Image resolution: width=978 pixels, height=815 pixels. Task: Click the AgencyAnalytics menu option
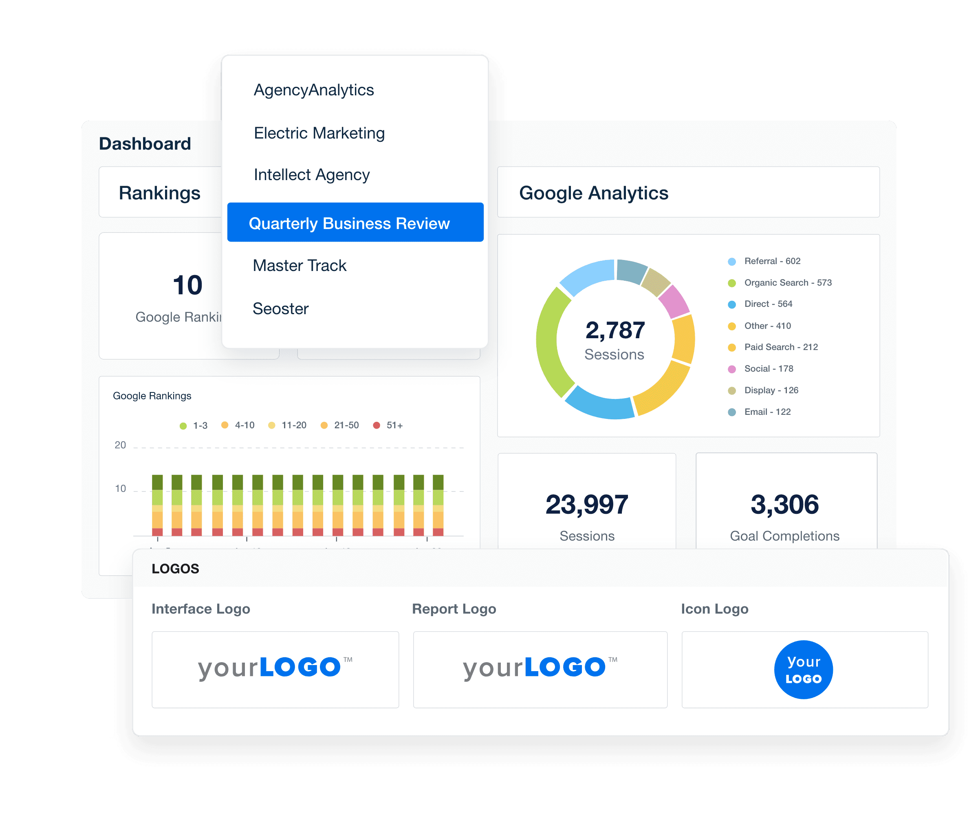(x=313, y=90)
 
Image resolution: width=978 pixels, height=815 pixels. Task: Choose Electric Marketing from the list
(x=319, y=133)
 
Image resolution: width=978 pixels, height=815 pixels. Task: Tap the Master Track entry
(x=299, y=265)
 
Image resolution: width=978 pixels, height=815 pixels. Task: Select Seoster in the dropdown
(x=280, y=308)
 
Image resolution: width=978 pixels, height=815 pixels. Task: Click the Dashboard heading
(x=145, y=143)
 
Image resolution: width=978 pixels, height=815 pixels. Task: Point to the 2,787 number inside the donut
(x=615, y=330)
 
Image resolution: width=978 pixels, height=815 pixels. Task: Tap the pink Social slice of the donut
(x=674, y=301)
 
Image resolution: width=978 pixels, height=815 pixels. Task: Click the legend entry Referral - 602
(x=772, y=261)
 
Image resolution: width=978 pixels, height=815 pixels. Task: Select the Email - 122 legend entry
(x=767, y=412)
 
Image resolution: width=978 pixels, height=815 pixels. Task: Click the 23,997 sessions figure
(x=586, y=504)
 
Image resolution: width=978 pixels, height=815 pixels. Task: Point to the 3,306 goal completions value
(x=784, y=504)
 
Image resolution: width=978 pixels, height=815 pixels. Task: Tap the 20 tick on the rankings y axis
(x=120, y=445)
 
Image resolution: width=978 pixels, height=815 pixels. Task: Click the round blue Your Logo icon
(x=803, y=669)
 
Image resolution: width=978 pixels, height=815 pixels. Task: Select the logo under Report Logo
(x=540, y=668)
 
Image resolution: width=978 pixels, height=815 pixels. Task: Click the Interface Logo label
(x=201, y=609)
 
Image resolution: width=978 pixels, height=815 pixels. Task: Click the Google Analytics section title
(x=593, y=193)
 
